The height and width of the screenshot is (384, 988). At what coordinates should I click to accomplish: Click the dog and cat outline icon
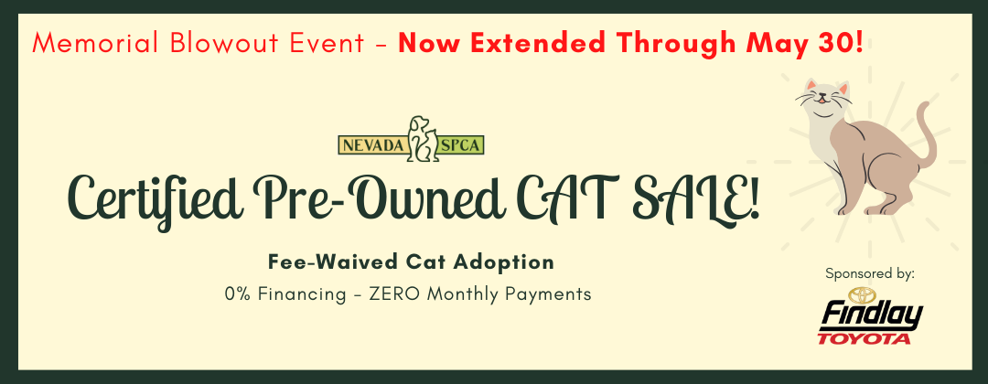pos(423,138)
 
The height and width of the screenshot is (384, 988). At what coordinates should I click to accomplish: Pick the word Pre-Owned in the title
pos(378,197)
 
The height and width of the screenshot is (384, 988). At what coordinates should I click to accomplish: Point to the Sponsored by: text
pos(870,274)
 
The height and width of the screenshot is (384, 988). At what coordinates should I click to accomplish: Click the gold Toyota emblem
pos(859,294)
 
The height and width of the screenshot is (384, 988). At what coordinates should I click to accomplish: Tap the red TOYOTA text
pos(864,339)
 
